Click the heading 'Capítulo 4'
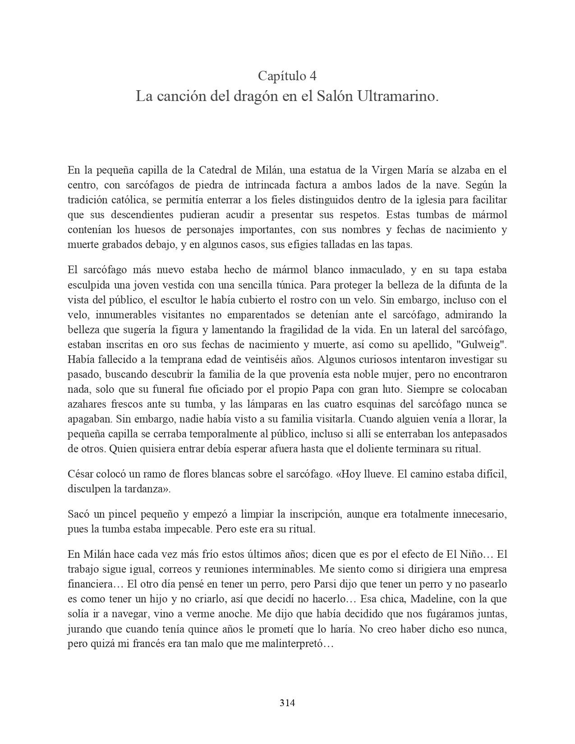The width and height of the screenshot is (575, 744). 287,76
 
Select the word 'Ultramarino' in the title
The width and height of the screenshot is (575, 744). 397,96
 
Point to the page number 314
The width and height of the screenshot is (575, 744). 287,703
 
